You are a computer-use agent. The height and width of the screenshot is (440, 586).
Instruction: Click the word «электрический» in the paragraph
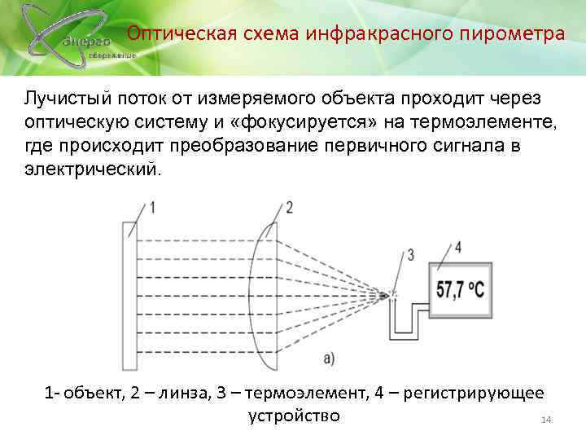[93, 171]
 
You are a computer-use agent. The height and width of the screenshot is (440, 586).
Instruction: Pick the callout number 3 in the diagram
[410, 255]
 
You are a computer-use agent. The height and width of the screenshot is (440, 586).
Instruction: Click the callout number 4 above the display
[457, 246]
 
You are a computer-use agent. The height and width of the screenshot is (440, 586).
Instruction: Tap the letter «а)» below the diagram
[329, 356]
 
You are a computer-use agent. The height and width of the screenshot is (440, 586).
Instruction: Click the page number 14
[546, 419]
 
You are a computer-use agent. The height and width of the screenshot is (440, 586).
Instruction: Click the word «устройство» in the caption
[292, 416]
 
